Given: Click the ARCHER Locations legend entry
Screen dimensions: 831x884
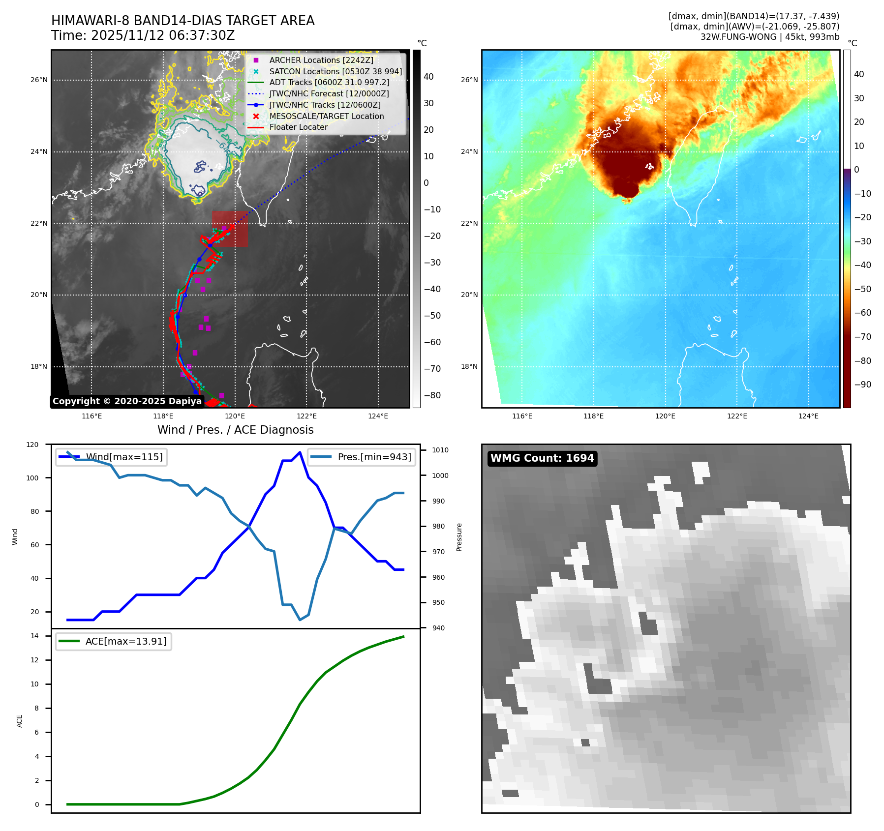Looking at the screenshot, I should click(x=321, y=60).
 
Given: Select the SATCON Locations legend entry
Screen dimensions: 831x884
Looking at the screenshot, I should click(x=335, y=71).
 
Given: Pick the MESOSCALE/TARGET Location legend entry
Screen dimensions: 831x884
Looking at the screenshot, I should click(x=326, y=116).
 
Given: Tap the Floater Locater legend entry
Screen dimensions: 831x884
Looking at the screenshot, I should click(x=298, y=127).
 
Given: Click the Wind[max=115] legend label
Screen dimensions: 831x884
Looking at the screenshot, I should click(x=124, y=457).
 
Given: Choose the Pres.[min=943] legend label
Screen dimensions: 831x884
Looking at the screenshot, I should click(x=374, y=457).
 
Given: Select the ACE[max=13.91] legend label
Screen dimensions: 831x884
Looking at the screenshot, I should click(x=126, y=641).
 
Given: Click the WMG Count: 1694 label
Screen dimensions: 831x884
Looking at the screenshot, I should click(x=542, y=458).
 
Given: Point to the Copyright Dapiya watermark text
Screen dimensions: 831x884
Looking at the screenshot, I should click(x=127, y=401).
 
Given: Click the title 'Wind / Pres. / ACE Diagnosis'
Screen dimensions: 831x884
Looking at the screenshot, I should click(x=235, y=430).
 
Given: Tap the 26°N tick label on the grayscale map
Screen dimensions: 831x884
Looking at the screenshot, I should click(x=39, y=80).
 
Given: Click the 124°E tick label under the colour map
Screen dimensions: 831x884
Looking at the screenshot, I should click(x=808, y=416).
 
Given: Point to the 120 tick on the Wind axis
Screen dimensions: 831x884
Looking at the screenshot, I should click(x=32, y=445).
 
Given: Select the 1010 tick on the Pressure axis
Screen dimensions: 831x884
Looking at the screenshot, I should click(x=440, y=450).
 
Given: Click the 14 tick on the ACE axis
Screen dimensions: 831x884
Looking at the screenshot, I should click(x=34, y=636).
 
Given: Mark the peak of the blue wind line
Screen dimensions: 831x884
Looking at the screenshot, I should click(x=300, y=452).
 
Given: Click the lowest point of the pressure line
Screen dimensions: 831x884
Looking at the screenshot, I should click(x=300, y=620).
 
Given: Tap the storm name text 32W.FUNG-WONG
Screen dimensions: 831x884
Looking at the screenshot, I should click(x=738, y=37).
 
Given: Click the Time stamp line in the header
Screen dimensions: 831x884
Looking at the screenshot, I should click(x=143, y=35).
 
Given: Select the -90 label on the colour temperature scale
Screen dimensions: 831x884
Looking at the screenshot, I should click(x=862, y=385).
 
